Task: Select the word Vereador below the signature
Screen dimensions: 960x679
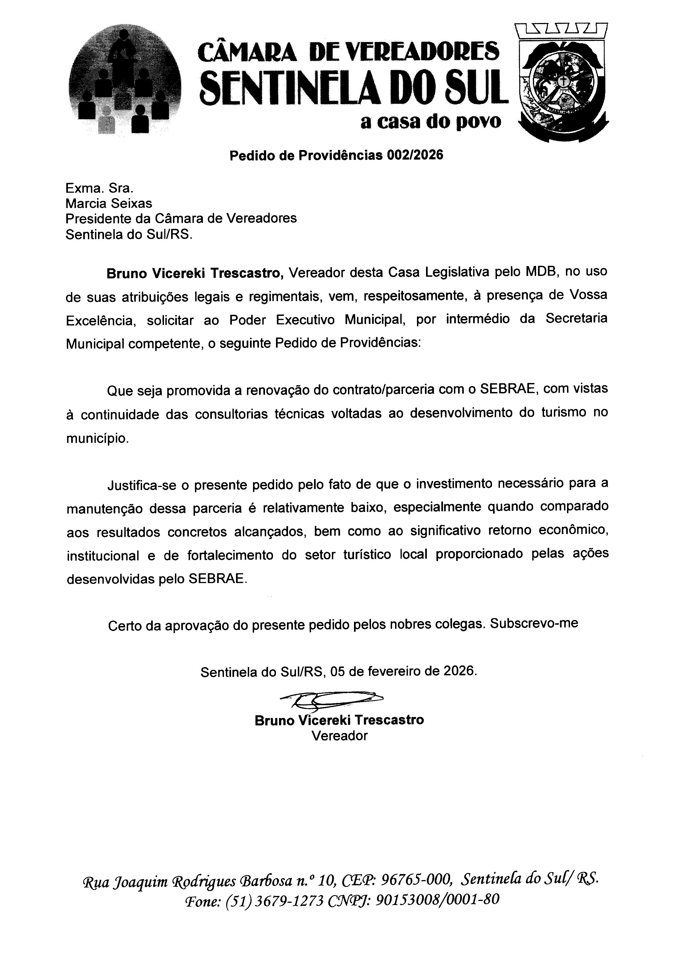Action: pyautogui.click(x=339, y=736)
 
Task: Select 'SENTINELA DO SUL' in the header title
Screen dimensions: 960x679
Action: pyautogui.click(x=353, y=88)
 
